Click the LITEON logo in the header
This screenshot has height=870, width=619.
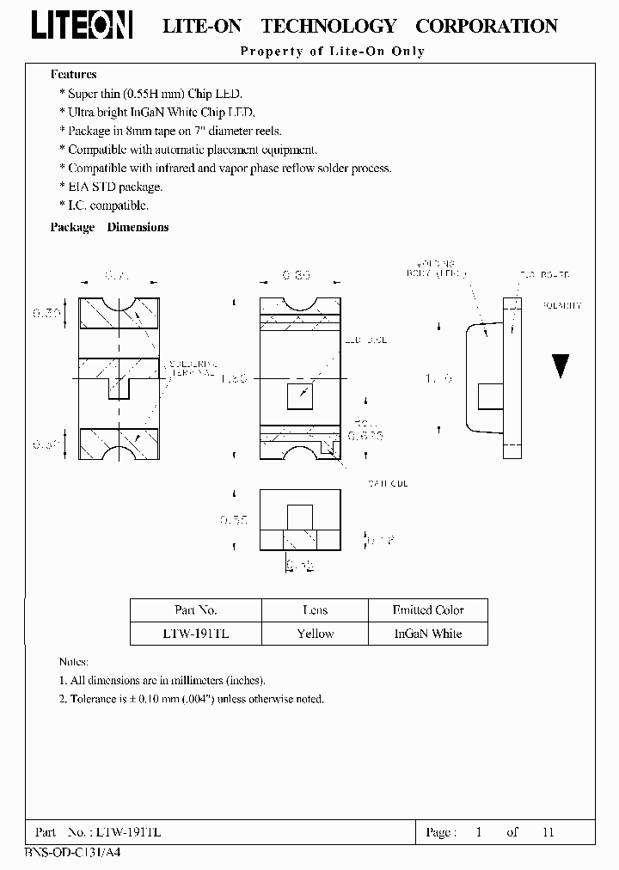pyautogui.click(x=82, y=26)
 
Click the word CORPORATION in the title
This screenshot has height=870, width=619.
pyautogui.click(x=487, y=27)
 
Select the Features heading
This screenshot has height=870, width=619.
pyautogui.click(x=73, y=75)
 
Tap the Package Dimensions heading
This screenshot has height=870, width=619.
pyautogui.click(x=109, y=228)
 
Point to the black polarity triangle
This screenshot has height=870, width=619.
pyautogui.click(x=561, y=366)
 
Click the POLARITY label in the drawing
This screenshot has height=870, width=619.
pyautogui.click(x=563, y=305)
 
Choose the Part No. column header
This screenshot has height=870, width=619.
pyautogui.click(x=195, y=610)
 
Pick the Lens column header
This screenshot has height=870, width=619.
pyautogui.click(x=315, y=610)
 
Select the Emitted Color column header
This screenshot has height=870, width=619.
pyautogui.click(x=427, y=610)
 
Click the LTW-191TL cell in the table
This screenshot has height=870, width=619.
pyautogui.click(x=195, y=634)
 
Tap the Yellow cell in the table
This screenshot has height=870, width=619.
pyautogui.click(x=315, y=634)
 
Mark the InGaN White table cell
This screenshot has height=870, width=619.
pyautogui.click(x=427, y=634)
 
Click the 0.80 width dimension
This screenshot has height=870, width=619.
pyautogui.click(x=296, y=276)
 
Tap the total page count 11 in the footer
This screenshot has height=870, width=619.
pyautogui.click(x=549, y=832)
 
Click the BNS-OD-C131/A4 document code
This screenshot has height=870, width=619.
pyautogui.click(x=65, y=851)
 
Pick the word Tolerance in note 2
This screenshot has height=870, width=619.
pyautogui.click(x=93, y=699)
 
